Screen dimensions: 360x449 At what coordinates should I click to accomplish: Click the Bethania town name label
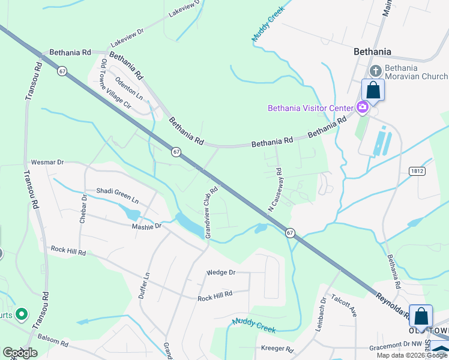click(372, 52)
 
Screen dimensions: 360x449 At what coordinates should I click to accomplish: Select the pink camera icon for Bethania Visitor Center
click(362, 108)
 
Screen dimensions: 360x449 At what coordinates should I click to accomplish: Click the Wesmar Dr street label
click(47, 162)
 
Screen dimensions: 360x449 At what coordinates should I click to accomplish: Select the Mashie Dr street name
click(147, 226)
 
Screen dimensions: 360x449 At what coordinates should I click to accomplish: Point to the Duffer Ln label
click(143, 285)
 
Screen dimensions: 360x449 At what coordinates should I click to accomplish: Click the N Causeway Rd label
click(275, 190)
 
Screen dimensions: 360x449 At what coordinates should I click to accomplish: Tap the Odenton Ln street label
click(129, 88)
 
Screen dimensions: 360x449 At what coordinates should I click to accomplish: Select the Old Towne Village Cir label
click(116, 83)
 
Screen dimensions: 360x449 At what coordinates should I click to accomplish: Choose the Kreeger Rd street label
click(277, 349)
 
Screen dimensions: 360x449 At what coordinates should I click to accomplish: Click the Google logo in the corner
click(20, 353)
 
